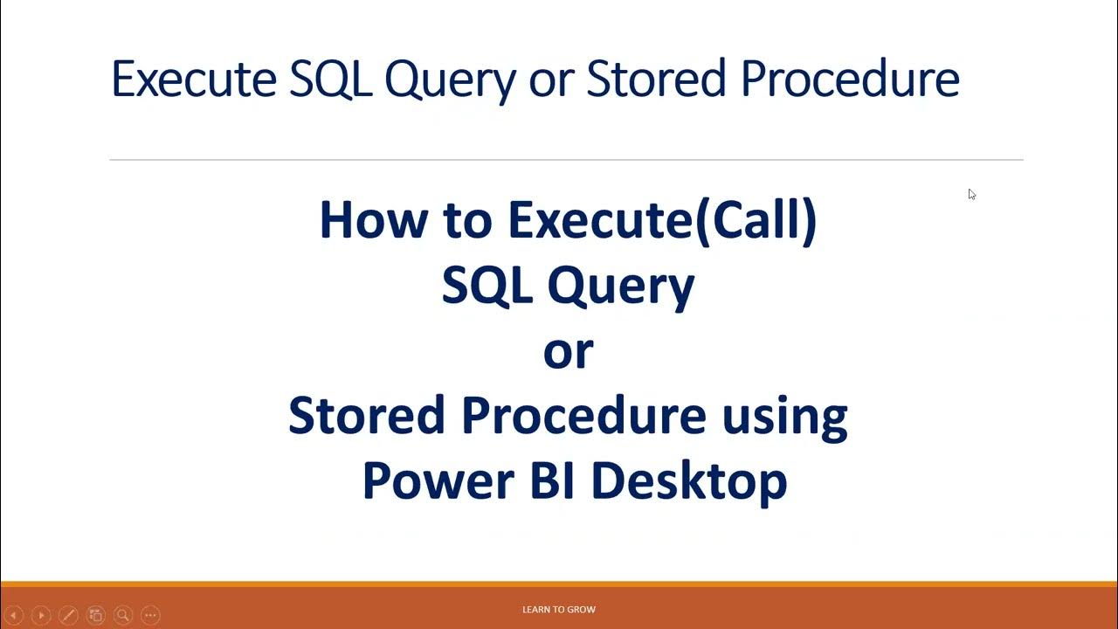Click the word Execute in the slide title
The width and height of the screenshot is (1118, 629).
[194, 79]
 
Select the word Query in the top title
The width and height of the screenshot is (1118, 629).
[450, 81]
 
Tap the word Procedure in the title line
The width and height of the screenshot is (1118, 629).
[850, 79]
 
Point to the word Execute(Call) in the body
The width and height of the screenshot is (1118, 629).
[662, 222]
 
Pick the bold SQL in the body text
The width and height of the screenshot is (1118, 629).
[487, 285]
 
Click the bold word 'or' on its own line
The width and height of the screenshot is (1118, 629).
[569, 352]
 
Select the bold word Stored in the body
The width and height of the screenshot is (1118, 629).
[366, 415]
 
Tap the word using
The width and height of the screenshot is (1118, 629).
[785, 419]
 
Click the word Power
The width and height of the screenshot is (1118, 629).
[438, 480]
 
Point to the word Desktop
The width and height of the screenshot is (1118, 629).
[689, 483]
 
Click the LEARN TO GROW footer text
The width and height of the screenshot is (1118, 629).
[559, 610]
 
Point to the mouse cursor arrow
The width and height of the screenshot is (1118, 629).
[972, 194]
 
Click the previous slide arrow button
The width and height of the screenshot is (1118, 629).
[14, 615]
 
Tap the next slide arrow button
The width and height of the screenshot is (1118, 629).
[41, 615]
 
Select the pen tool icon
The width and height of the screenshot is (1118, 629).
[68, 615]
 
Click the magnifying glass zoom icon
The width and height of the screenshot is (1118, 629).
[123, 615]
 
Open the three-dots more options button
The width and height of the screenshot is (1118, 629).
[151, 615]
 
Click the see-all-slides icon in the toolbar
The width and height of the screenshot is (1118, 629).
[96, 615]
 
